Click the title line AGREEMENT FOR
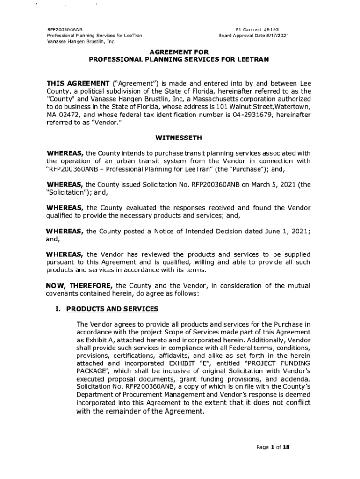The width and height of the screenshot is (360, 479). pos(179,52)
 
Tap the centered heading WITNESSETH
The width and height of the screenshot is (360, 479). pos(179,138)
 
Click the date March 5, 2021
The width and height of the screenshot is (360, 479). pos(271,184)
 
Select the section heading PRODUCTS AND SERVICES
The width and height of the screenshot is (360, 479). pos(112,309)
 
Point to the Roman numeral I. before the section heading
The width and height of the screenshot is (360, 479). pos(58,309)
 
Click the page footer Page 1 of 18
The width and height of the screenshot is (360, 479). pos(274,447)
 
